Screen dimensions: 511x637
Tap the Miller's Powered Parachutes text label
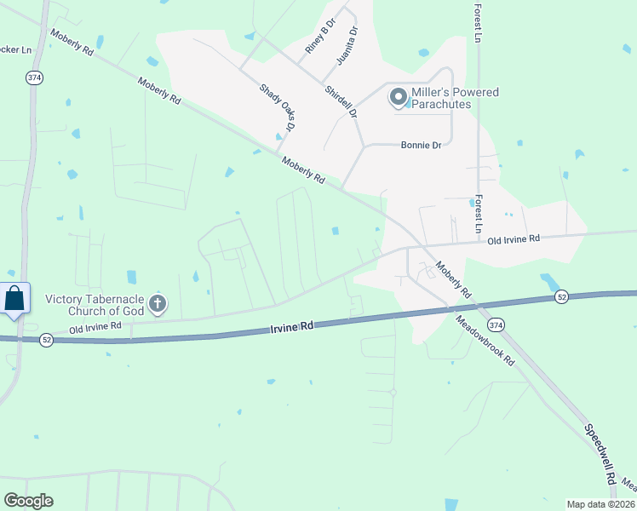(x=455, y=98)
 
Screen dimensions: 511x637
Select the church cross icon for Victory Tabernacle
(x=157, y=303)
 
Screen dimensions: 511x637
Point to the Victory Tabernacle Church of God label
(x=95, y=304)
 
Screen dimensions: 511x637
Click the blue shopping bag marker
(x=14, y=300)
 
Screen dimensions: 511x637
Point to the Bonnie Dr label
(x=421, y=146)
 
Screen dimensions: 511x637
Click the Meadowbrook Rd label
(x=485, y=341)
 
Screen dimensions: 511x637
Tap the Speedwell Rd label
(x=600, y=455)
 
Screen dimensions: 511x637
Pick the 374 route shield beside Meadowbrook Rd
(x=496, y=324)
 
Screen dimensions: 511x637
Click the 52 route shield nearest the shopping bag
(x=46, y=340)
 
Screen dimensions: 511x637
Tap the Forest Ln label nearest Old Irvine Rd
(x=479, y=214)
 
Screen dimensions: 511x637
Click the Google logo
(x=28, y=501)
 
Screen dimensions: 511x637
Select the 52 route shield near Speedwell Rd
(x=561, y=296)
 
